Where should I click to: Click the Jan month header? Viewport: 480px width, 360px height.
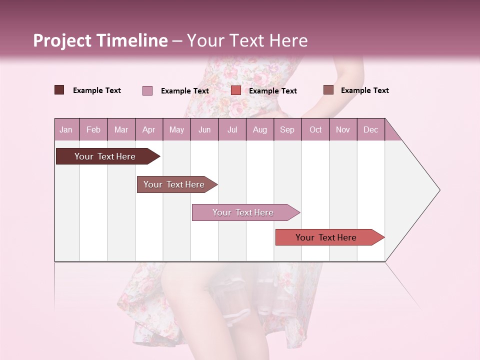click(66, 129)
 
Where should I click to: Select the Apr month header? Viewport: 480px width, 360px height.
click(148, 129)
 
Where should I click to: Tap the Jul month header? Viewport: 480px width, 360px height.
click(232, 129)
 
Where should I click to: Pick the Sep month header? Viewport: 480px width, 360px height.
click(287, 129)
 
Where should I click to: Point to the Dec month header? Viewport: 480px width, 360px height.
click(370, 129)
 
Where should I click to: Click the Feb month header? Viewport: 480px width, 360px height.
click(93, 129)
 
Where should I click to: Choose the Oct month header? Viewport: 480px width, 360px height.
click(315, 129)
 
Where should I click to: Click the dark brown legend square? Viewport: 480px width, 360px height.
click(59, 90)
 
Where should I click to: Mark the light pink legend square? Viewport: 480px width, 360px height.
click(147, 90)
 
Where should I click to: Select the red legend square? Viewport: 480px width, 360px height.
click(236, 90)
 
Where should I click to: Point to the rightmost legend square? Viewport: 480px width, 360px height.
click(328, 90)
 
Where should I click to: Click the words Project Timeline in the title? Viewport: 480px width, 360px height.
click(100, 40)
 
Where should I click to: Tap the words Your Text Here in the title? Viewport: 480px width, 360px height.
click(247, 40)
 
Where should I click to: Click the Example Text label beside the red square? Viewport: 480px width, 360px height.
click(273, 91)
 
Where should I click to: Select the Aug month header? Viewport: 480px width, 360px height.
click(259, 129)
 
